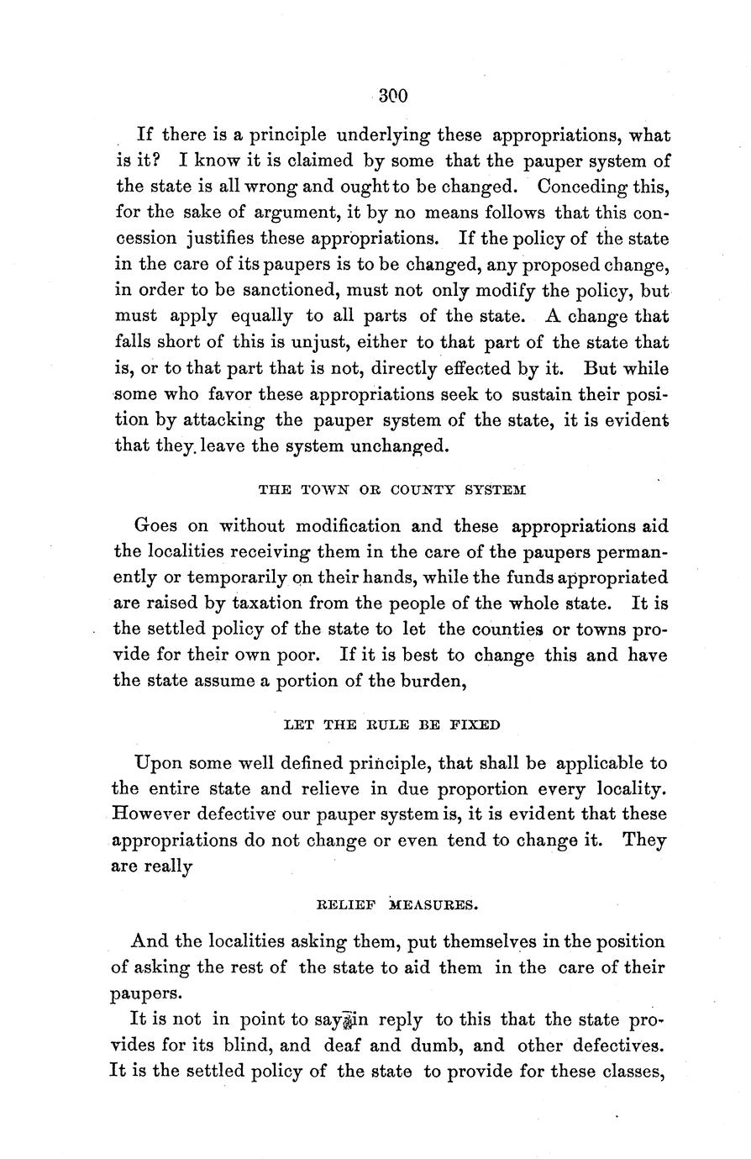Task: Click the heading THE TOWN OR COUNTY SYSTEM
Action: [392, 488]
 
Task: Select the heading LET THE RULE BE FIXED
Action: [392, 724]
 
